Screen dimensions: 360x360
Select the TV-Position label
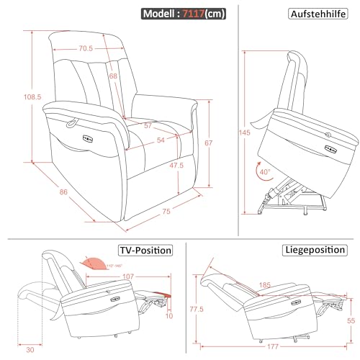coord(145,251)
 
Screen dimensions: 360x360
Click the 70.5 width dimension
coord(86,49)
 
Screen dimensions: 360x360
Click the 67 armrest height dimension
coord(208,143)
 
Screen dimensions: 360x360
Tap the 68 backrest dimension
coord(114,76)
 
